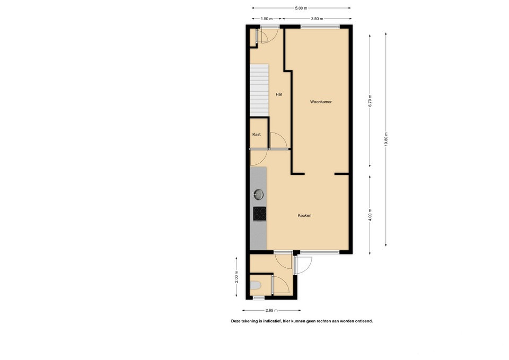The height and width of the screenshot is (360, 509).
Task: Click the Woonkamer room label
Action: pos(321,102)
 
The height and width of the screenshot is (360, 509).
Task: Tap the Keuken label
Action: pos(304,215)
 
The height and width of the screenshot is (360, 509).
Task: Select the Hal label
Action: pos(278,94)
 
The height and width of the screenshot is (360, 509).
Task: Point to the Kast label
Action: pos(257,134)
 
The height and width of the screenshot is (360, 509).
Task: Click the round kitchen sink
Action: pos(258,195)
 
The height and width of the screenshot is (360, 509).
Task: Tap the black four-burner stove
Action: pos(260,214)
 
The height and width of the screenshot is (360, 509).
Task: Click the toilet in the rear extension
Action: pos(256,285)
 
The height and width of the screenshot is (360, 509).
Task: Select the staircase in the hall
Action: pos(259,90)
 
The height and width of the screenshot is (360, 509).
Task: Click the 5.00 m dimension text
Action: pos(301,8)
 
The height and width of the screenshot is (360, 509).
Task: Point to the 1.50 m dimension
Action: pos(267,19)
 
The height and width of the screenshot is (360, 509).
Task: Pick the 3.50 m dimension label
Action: pos(317,19)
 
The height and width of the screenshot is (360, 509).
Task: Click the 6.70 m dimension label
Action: pos(370,101)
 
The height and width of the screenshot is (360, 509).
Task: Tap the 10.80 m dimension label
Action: pos(386,139)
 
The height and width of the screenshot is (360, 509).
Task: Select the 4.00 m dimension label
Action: pos(370,215)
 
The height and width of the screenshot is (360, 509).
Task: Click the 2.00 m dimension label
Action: pos(236,277)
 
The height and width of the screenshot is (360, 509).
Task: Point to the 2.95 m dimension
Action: pos(271,310)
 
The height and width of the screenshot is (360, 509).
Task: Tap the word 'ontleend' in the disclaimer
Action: pos(364,321)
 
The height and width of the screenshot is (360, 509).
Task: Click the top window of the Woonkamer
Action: pos(320,27)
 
